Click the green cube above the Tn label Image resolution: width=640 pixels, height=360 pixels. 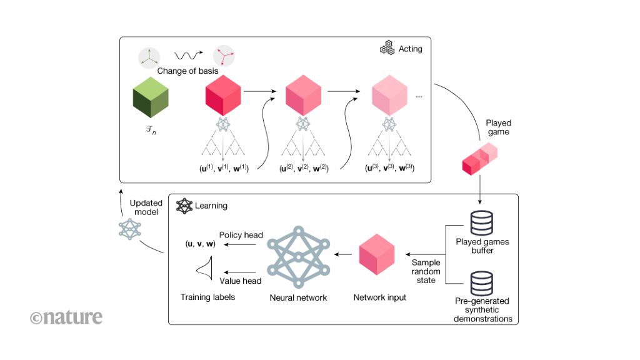[151, 99]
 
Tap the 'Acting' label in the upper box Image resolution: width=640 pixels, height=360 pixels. [411, 49]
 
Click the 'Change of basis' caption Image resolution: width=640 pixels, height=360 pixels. [187, 71]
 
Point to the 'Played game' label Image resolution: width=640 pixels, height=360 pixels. [498, 127]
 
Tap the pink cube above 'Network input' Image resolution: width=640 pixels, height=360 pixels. [379, 256]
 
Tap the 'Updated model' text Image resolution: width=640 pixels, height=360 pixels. [146, 207]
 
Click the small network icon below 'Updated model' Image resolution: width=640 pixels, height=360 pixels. [130, 230]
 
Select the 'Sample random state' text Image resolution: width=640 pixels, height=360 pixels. [426, 271]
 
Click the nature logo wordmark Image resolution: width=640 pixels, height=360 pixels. [66, 317]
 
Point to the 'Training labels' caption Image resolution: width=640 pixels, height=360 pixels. [207, 297]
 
